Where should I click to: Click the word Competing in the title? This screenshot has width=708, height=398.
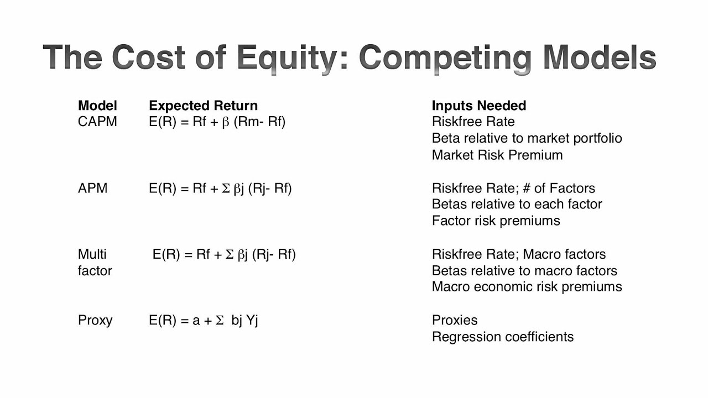tap(446, 57)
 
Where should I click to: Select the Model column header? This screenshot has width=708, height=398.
tap(97, 106)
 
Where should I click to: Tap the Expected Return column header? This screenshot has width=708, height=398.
tap(203, 106)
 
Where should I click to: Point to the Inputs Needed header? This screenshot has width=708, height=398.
tap(478, 106)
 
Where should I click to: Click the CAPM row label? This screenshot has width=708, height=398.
tap(97, 122)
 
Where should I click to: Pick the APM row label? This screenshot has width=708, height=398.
tap(92, 188)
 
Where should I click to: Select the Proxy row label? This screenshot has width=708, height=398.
tap(95, 320)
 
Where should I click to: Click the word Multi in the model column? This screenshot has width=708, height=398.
tap(92, 254)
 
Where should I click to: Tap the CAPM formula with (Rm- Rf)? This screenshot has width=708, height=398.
tap(217, 122)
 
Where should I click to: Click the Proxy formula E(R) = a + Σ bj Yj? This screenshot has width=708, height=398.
tap(203, 320)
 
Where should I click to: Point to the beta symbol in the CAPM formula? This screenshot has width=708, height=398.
tap(225, 122)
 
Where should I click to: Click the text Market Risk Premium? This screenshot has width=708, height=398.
tap(497, 155)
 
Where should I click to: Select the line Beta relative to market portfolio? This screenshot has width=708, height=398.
tap(527, 138)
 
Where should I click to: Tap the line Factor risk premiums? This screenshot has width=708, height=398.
tap(496, 221)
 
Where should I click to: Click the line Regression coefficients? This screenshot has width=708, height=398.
tap(502, 337)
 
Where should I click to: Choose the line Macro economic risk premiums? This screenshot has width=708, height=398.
tap(527, 287)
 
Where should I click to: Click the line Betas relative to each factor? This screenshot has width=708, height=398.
tap(517, 204)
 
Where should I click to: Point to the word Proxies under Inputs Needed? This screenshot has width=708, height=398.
tap(454, 320)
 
